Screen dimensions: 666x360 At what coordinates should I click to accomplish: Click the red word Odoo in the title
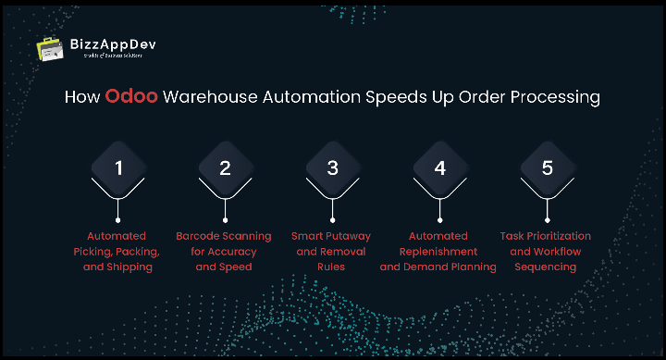[131, 97]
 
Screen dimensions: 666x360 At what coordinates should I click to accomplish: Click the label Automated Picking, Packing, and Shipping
[117, 251]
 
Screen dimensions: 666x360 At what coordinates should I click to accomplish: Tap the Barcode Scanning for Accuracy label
[225, 251]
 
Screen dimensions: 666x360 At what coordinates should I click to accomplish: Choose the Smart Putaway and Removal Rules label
[332, 251]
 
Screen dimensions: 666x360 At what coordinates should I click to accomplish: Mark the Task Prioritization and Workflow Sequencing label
[546, 251]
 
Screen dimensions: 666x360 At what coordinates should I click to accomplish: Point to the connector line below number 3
[332, 208]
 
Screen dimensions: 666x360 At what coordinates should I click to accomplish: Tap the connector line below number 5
[547, 208]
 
